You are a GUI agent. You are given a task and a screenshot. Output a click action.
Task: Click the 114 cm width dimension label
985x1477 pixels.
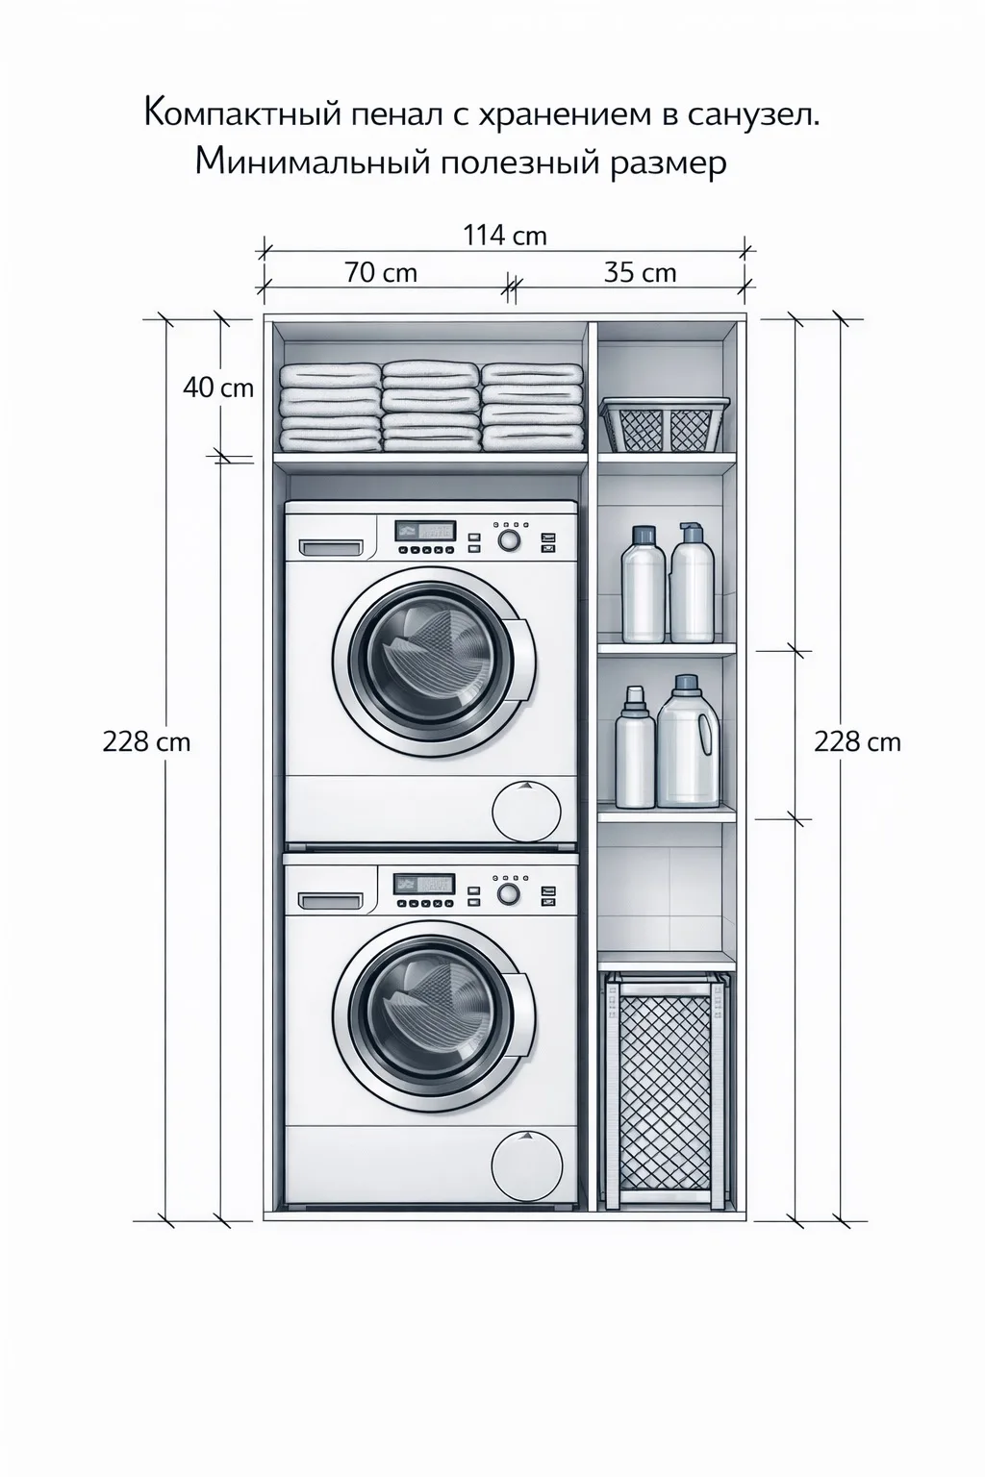click(x=505, y=236)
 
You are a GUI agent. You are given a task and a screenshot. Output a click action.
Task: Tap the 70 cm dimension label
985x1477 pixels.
click(x=381, y=272)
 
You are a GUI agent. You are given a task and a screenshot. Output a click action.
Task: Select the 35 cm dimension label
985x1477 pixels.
click(x=640, y=272)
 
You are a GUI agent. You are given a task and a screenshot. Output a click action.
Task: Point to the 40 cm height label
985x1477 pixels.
click(x=218, y=388)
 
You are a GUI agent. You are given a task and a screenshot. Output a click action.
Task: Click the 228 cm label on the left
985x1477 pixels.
click(x=146, y=742)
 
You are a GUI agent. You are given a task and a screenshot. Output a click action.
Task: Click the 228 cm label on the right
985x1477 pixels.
click(x=857, y=742)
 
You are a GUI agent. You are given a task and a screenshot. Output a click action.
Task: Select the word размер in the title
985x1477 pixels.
click(x=668, y=163)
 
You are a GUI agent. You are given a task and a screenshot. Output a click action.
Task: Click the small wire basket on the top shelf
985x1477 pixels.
click(x=665, y=423)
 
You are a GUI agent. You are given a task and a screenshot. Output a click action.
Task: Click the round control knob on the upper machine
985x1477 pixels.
click(x=508, y=540)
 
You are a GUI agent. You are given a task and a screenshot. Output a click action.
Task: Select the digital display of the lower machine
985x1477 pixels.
click(x=424, y=885)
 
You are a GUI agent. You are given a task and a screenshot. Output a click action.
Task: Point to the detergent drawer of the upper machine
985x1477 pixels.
click(x=331, y=547)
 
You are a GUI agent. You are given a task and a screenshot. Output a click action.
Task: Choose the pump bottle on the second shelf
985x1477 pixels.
click(x=692, y=582)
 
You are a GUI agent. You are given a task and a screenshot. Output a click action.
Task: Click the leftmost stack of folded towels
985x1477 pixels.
click(x=330, y=408)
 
